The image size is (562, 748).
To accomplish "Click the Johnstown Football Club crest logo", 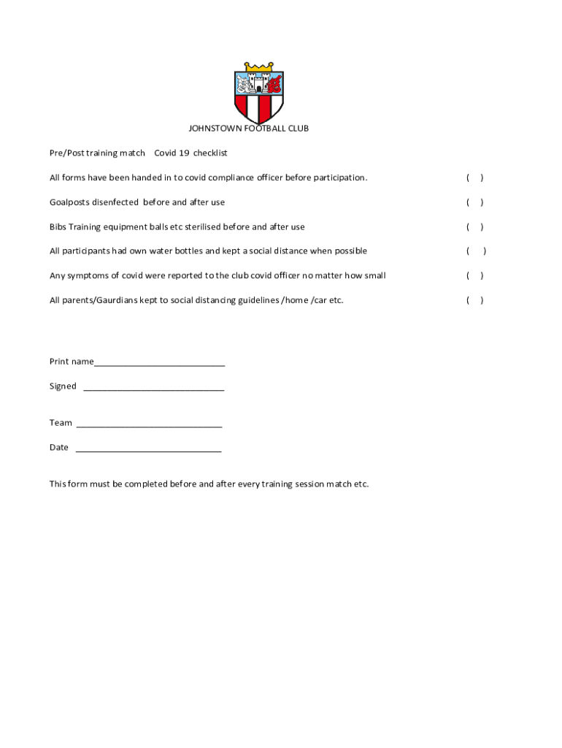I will pyautogui.click(x=258, y=93).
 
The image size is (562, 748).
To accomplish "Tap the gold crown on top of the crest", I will pyautogui.click(x=258, y=67).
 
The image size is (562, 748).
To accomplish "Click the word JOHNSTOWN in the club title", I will pyautogui.click(x=212, y=129).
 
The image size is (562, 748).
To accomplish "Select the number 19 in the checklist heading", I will pyautogui.click(x=185, y=153).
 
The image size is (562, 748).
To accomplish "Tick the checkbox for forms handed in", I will pyautogui.click(x=474, y=178).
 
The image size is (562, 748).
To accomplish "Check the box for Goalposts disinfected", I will pyautogui.click(x=474, y=202).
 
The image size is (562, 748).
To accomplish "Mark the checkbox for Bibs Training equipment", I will pyautogui.click(x=474, y=227).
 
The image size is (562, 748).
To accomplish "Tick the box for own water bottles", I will pyautogui.click(x=476, y=251).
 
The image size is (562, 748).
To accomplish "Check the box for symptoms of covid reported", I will pyautogui.click(x=474, y=276).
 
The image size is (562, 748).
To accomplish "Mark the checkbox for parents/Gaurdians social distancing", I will pyautogui.click(x=474, y=300).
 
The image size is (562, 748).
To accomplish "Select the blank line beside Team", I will pyautogui.click(x=149, y=424).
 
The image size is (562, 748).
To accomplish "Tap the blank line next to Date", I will pyautogui.click(x=148, y=449).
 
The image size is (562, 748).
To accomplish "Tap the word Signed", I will pyautogui.click(x=63, y=386).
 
